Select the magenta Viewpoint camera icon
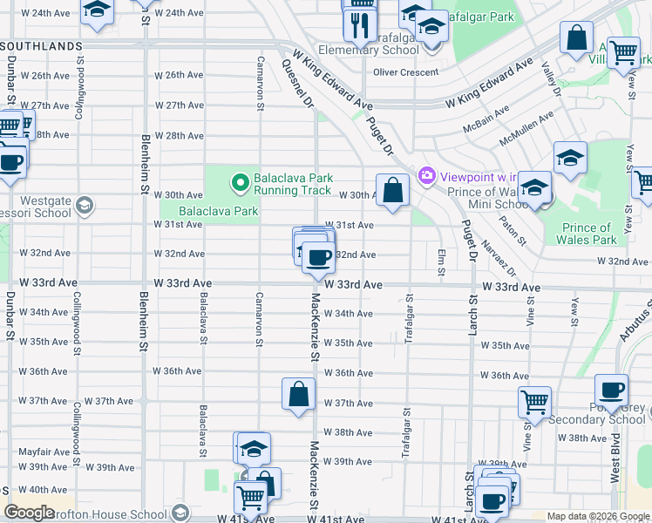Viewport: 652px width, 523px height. [x=427, y=176]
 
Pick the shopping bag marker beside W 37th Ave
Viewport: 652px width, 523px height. [x=298, y=394]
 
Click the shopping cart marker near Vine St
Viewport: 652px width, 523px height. [x=534, y=403]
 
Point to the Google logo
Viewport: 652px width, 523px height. [x=29, y=513]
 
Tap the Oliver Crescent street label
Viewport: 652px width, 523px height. [x=405, y=72]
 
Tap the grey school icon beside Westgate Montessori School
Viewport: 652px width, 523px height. [x=85, y=206]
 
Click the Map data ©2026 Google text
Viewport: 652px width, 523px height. [x=597, y=516]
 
